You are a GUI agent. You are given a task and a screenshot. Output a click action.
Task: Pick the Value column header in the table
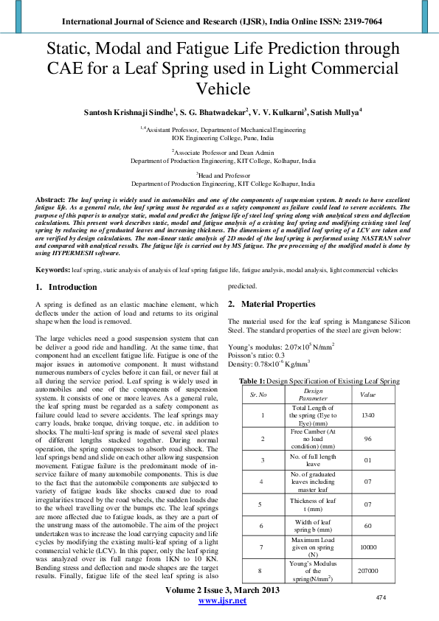click(x=367, y=395)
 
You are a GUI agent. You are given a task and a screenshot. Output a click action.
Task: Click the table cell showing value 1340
click(x=367, y=415)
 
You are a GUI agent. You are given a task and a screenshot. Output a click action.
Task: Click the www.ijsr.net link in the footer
click(x=223, y=601)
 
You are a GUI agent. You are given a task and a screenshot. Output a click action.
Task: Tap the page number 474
click(x=381, y=597)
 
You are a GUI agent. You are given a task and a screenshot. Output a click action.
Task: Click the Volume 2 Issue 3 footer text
click(x=223, y=591)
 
